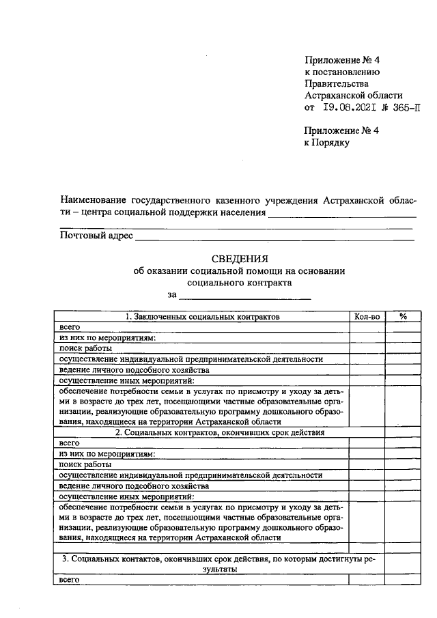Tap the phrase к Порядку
(327, 143)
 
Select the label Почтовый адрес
(96, 236)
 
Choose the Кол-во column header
(367, 317)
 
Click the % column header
(403, 317)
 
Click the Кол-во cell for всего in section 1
(367, 327)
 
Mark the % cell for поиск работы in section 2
(403, 464)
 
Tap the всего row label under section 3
(70, 579)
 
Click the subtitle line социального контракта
(239, 282)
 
